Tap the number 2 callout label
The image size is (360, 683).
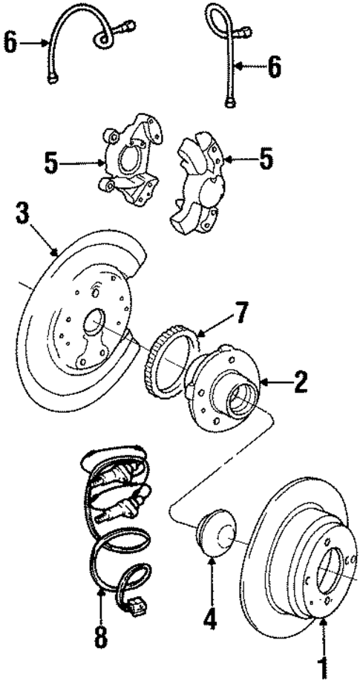(299, 382)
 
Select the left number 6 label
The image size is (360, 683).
(10, 43)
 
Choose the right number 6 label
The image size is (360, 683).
(275, 68)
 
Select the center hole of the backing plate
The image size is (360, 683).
(94, 323)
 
